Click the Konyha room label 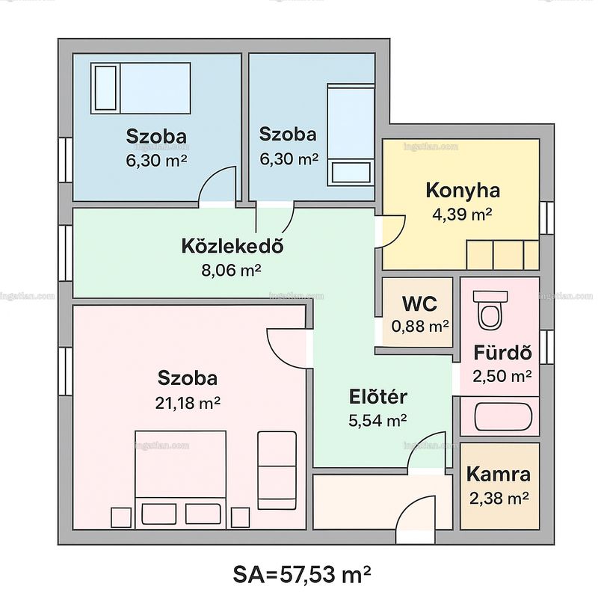click(x=463, y=191)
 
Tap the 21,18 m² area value click(x=188, y=403)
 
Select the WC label click(x=419, y=303)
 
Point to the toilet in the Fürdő click(x=490, y=309)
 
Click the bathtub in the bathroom click(x=503, y=416)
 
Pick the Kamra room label click(x=499, y=474)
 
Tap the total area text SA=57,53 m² click(x=302, y=574)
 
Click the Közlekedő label click(x=232, y=247)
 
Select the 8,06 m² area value click(x=231, y=271)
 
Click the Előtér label click(x=378, y=397)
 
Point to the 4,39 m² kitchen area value click(x=462, y=214)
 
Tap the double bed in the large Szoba click(x=180, y=479)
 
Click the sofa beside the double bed click(x=277, y=470)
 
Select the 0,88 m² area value click(x=420, y=327)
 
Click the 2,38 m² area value click(x=499, y=498)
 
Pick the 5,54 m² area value click(x=377, y=421)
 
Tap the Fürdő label click(x=502, y=353)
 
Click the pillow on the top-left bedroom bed click(x=105, y=88)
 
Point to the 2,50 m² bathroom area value click(x=502, y=377)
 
